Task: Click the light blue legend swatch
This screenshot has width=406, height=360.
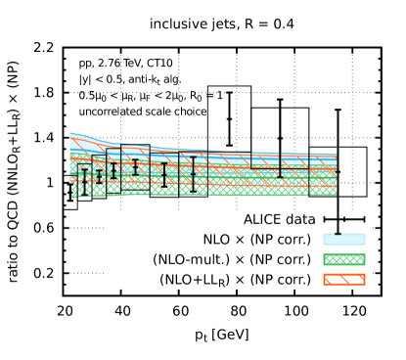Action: pyautogui.click(x=344, y=240)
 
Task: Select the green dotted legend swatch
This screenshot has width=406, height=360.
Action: pyautogui.click(x=344, y=259)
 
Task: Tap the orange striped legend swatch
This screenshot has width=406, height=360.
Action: pyautogui.click(x=344, y=280)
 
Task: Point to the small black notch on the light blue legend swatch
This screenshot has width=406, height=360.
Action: pyautogui.click(x=338, y=234)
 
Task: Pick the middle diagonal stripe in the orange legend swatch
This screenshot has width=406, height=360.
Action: pyautogui.click(x=344, y=280)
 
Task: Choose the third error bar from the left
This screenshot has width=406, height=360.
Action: pyautogui.click(x=113, y=171)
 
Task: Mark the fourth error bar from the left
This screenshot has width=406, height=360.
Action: pyautogui.click(x=135, y=166)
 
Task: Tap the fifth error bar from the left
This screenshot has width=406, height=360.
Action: pyautogui.click(x=163, y=174)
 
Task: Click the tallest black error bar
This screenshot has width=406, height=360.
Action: pyautogui.click(x=193, y=172)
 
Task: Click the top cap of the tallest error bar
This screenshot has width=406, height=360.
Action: pyautogui.click(x=193, y=157)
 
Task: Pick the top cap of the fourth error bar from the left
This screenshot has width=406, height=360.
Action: pyautogui.click(x=135, y=159)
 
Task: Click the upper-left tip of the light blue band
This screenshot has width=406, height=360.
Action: pyautogui.click(x=70, y=133)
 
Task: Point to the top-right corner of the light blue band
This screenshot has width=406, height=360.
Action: pyautogui.click(x=336, y=155)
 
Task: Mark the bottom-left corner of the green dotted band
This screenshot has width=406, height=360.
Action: pyautogui.click(x=71, y=198)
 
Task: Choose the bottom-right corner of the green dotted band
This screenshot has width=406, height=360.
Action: pyautogui.click(x=336, y=195)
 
